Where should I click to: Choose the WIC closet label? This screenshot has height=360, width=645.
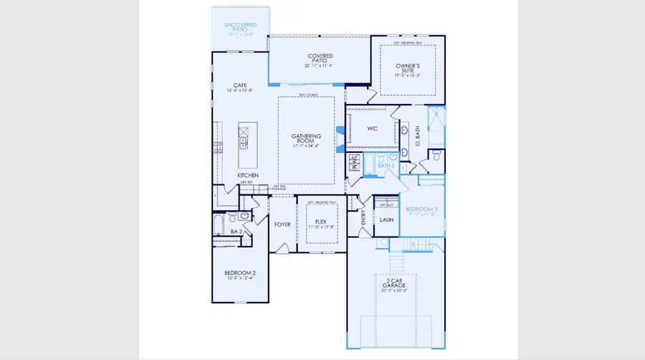[372, 129]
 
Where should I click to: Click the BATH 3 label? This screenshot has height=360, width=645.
[386, 166]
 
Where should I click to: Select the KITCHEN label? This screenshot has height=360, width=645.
[248, 175]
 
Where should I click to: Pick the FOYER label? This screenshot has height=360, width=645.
[282, 224]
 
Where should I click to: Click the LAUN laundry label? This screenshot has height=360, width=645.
[386, 220]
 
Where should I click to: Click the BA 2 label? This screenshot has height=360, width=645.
[234, 232]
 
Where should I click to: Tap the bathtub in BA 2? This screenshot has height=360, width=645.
[219, 227]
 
